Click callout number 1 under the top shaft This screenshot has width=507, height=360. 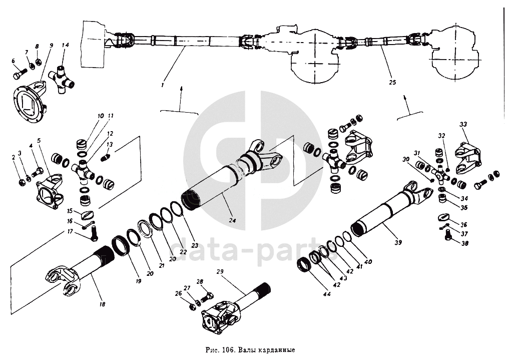point(163,86)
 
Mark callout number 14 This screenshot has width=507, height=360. point(66,45)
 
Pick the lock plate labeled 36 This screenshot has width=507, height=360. point(443,217)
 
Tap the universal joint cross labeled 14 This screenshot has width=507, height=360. point(62,81)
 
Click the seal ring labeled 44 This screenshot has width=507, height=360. point(304,264)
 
